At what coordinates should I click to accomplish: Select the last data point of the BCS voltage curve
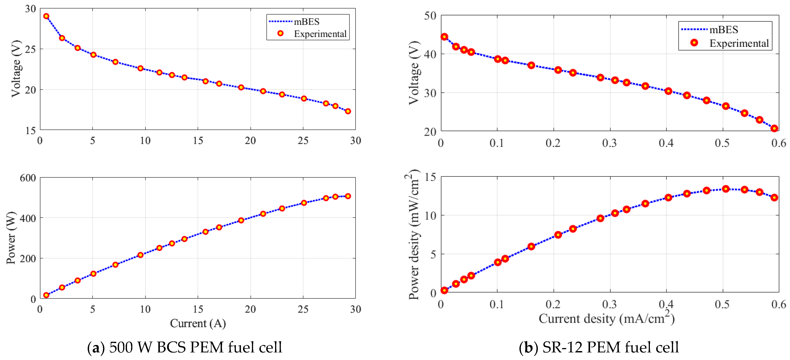point(348,111)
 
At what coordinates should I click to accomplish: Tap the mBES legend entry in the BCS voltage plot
point(306,22)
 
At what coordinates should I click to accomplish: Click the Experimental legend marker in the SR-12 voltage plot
point(694,43)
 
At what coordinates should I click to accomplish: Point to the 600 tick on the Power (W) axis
point(28,178)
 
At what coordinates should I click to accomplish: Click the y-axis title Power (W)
point(11,238)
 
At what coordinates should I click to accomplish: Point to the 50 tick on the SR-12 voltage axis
point(430,16)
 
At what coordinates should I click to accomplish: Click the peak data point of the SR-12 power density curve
point(726,189)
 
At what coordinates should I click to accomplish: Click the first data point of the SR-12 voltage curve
point(444,37)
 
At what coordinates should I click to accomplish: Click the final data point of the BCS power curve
point(348,196)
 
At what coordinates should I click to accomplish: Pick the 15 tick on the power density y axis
point(430,177)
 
